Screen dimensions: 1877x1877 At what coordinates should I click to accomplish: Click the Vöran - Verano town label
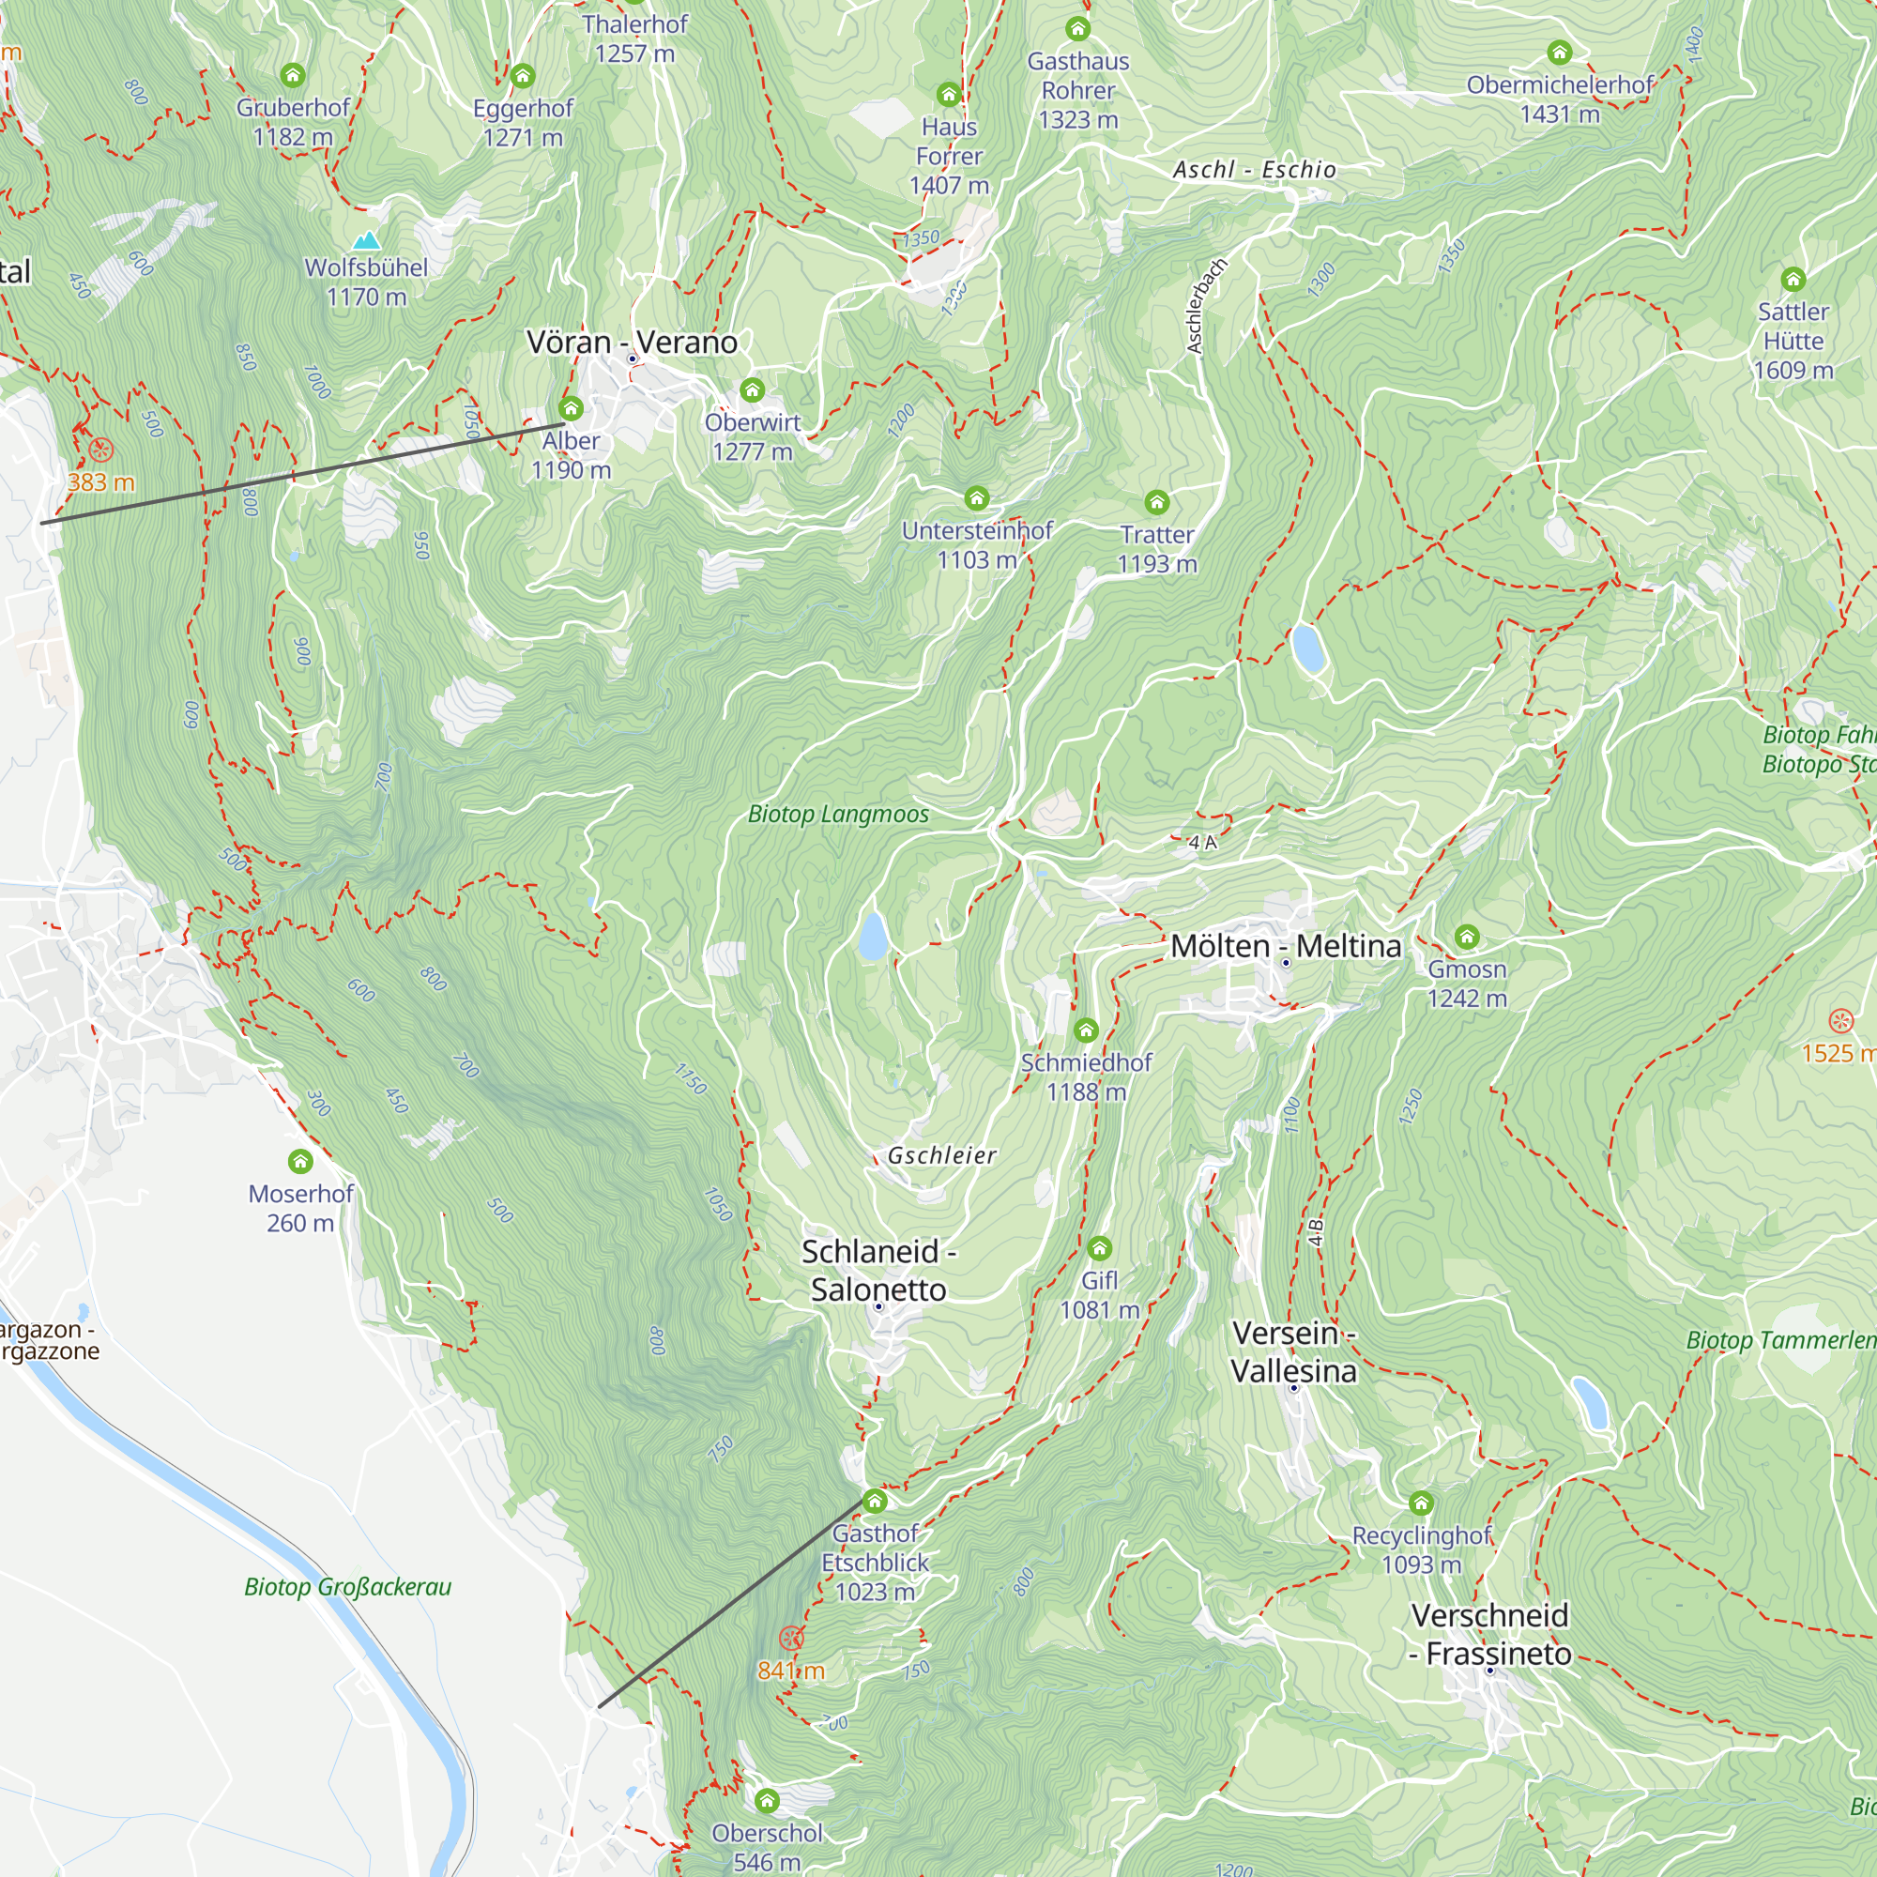pos(632,342)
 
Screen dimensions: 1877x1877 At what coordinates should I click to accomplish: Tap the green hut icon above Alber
pos(572,408)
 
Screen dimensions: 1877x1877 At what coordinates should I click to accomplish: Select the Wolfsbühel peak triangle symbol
pos(366,240)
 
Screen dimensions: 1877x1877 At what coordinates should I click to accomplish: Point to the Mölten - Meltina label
pos(1286,945)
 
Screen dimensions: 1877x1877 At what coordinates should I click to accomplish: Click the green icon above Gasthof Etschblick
pos(875,1501)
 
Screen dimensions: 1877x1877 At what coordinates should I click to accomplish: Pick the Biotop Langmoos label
pos(837,814)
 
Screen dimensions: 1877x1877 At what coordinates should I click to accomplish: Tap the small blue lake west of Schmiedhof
pos(873,936)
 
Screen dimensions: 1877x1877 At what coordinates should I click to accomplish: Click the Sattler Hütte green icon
pos(1793,280)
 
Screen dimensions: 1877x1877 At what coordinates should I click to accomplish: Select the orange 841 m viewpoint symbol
pos(792,1638)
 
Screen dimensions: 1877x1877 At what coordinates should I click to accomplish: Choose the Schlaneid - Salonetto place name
pos(878,1270)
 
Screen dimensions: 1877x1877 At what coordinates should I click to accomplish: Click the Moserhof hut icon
pos(300,1161)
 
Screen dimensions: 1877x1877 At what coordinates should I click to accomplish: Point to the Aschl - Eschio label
pos(1254,169)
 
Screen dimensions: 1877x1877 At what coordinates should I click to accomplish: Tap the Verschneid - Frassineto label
pos(1489,1634)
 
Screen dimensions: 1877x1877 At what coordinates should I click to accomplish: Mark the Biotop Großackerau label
pos(348,1586)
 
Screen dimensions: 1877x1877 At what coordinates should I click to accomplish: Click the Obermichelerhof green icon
pos(1559,53)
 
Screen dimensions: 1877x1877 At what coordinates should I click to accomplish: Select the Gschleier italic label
pos(941,1155)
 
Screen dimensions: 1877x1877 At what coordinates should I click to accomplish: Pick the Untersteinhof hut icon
pos(976,498)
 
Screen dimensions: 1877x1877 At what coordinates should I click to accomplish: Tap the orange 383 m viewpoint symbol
pos(101,450)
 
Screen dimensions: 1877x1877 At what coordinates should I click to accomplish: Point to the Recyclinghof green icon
pos(1421,1503)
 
